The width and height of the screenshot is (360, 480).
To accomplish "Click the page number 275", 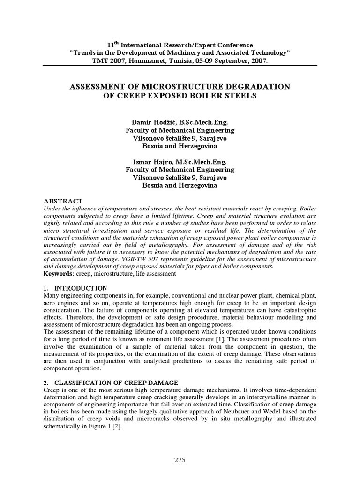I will [x=180, y=460].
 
